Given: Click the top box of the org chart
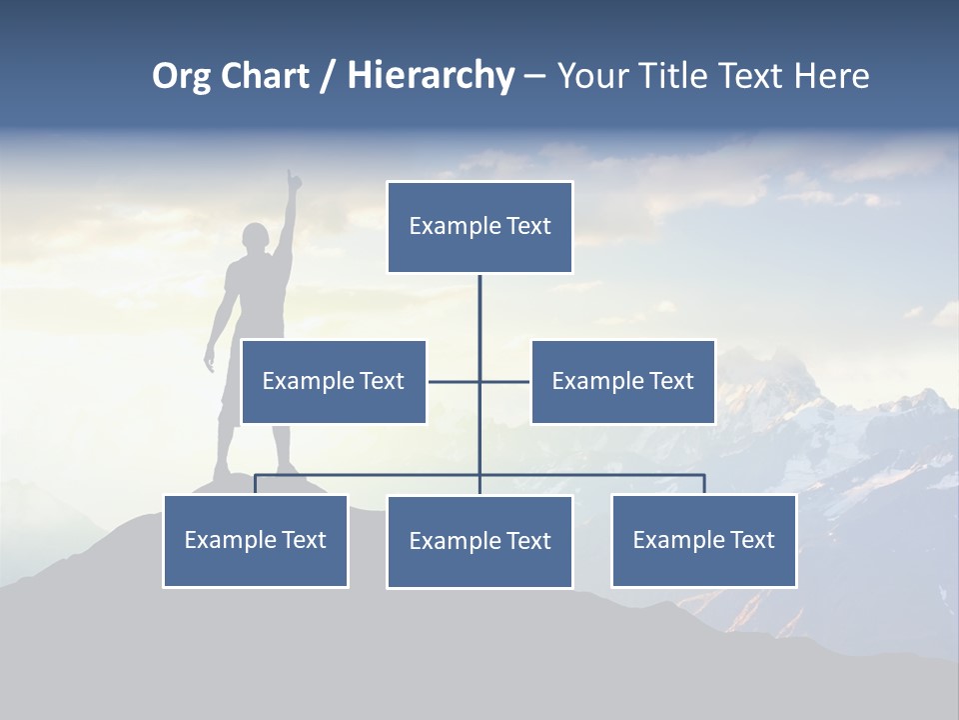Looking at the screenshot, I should (x=479, y=227).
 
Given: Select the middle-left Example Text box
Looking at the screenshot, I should (x=334, y=381).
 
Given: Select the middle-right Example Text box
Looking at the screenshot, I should (x=622, y=381).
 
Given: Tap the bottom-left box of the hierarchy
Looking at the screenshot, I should (x=256, y=540).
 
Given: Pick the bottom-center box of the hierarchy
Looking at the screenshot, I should (x=479, y=541).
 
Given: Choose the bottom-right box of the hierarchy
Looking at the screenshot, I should (x=703, y=540).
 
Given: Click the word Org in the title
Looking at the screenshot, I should (x=181, y=76).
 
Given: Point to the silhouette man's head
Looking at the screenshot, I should (x=257, y=240).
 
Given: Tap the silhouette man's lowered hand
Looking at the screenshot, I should (x=210, y=362).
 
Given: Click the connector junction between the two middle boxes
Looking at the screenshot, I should (x=479, y=381).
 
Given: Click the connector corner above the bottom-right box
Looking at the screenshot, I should (x=703, y=476).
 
